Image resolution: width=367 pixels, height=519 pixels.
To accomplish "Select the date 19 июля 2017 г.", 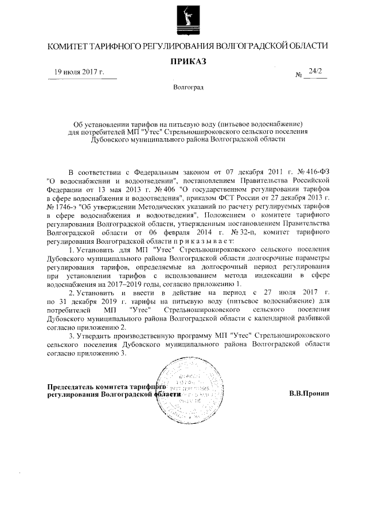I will [x=79, y=72].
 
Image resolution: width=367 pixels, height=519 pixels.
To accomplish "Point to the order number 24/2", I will [x=315, y=71].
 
